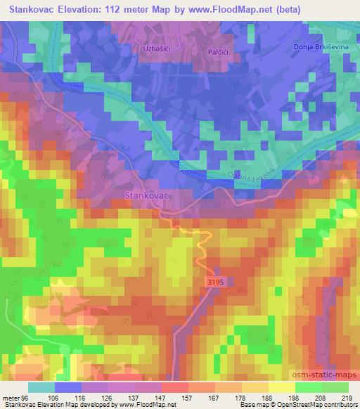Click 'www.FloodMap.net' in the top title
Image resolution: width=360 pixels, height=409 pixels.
pos(237,8)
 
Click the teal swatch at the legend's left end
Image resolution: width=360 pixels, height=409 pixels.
pos(42,387)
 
